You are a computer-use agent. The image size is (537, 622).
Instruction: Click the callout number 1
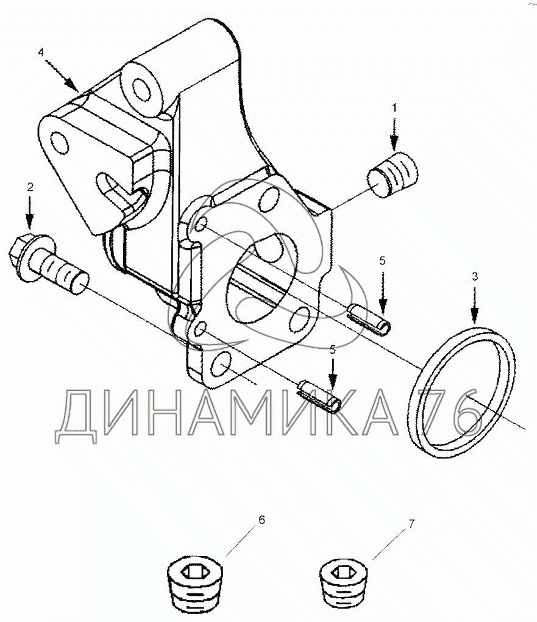(x=394, y=108)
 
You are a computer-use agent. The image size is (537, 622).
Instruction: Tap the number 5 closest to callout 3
(x=382, y=260)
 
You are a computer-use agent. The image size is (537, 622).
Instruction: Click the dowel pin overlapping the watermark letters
(x=319, y=395)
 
